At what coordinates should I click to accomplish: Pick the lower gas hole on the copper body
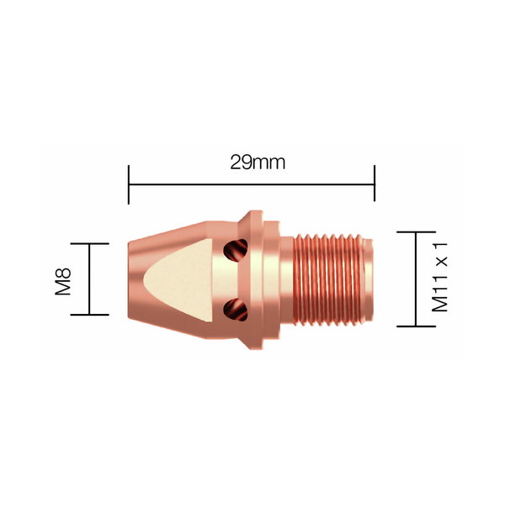tap(235, 311)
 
